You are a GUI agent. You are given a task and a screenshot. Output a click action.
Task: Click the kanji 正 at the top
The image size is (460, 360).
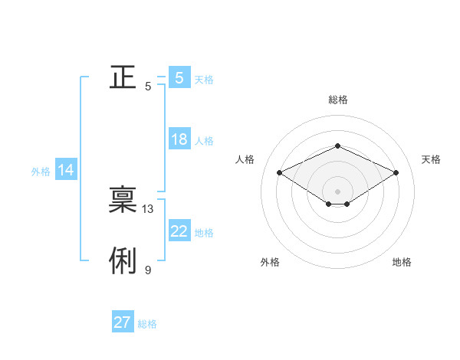pyautogui.click(x=123, y=77)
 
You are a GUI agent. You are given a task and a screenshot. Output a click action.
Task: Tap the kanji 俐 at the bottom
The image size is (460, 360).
pyautogui.click(x=123, y=261)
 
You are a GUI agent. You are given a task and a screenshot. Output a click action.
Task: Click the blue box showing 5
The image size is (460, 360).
pyautogui.click(x=179, y=77)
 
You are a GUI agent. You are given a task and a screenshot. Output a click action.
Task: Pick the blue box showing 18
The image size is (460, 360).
pyautogui.click(x=179, y=139)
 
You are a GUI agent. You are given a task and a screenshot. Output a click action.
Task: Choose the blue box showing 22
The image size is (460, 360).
pyautogui.click(x=179, y=231)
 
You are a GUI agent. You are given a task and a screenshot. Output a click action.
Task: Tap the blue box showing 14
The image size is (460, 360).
pyautogui.click(x=66, y=170)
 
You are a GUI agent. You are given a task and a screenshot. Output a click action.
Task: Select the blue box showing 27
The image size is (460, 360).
pyautogui.click(x=122, y=322)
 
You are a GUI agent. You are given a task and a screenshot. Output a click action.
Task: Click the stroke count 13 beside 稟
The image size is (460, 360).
pyautogui.click(x=148, y=209)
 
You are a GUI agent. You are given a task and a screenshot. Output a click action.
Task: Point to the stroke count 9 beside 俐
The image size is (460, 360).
pyautogui.click(x=148, y=270)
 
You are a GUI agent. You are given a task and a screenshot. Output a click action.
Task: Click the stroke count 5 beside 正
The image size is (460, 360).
pyautogui.click(x=148, y=87)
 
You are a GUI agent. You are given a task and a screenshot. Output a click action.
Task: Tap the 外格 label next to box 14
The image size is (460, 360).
pyautogui.click(x=41, y=172)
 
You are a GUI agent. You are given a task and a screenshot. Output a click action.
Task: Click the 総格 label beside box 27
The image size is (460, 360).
pyautogui.click(x=147, y=324)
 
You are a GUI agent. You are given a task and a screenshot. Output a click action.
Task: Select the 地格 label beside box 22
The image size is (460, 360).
pyautogui.click(x=204, y=233)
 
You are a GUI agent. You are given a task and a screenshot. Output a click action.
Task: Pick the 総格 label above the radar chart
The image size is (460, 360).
pyautogui.click(x=337, y=100)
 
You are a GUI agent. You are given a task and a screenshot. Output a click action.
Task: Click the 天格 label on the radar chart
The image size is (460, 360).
pyautogui.click(x=431, y=159)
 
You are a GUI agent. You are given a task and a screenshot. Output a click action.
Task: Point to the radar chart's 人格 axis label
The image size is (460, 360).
pyautogui.click(x=245, y=159)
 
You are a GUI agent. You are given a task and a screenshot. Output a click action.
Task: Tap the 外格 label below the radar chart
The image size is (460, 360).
pyautogui.click(x=270, y=262)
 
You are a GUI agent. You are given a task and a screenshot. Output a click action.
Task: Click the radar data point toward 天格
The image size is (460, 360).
pyautogui.click(x=396, y=173)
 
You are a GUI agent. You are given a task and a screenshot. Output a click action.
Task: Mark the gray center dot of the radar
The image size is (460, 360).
pyautogui.click(x=337, y=191)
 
